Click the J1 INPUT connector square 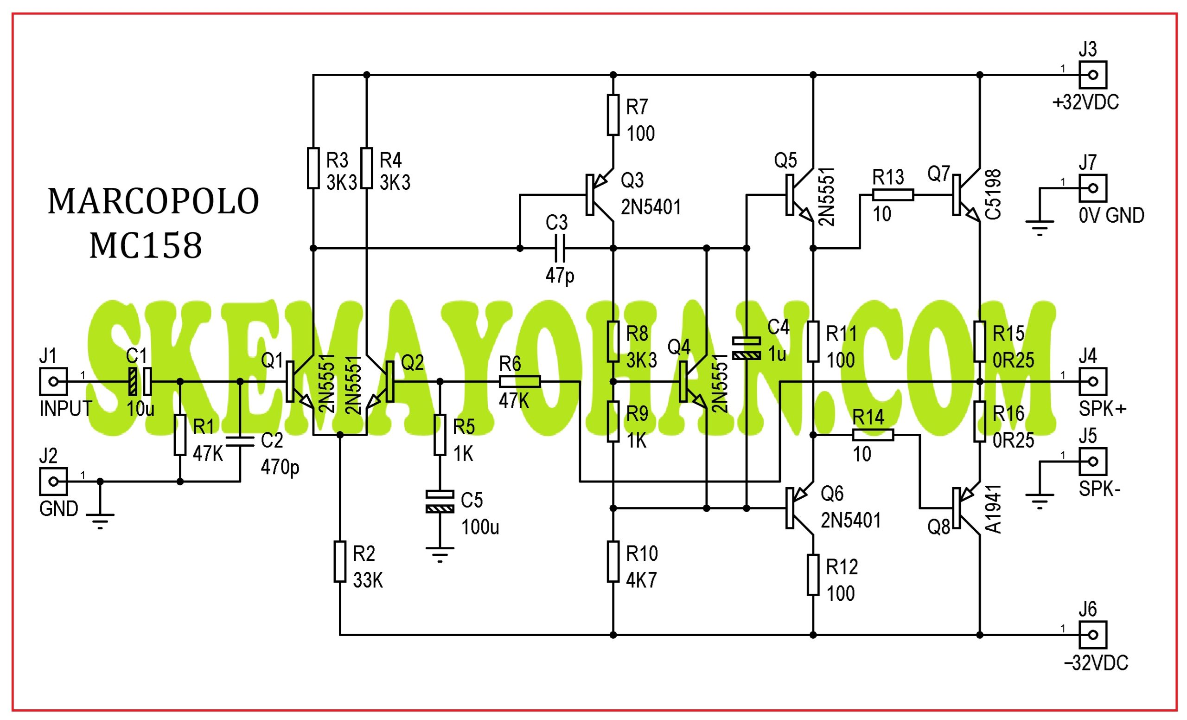pos(53,382)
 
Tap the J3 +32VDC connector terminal pos(1093,75)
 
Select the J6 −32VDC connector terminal pos(1093,635)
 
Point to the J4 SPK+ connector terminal pos(1093,382)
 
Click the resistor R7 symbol pos(613,115)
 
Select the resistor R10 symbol pos(613,561)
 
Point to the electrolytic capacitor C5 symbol pos(440,501)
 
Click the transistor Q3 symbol pos(600,195)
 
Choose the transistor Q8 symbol pos(966,508)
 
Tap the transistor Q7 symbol pos(966,195)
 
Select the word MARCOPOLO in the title pos(153,201)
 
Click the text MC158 pos(146,246)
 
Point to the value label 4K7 pos(641,581)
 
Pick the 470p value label pos(280,468)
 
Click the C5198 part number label pos(993,195)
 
